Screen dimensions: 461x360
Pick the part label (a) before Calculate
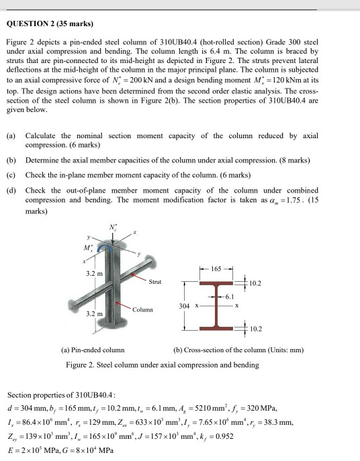[11, 136]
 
